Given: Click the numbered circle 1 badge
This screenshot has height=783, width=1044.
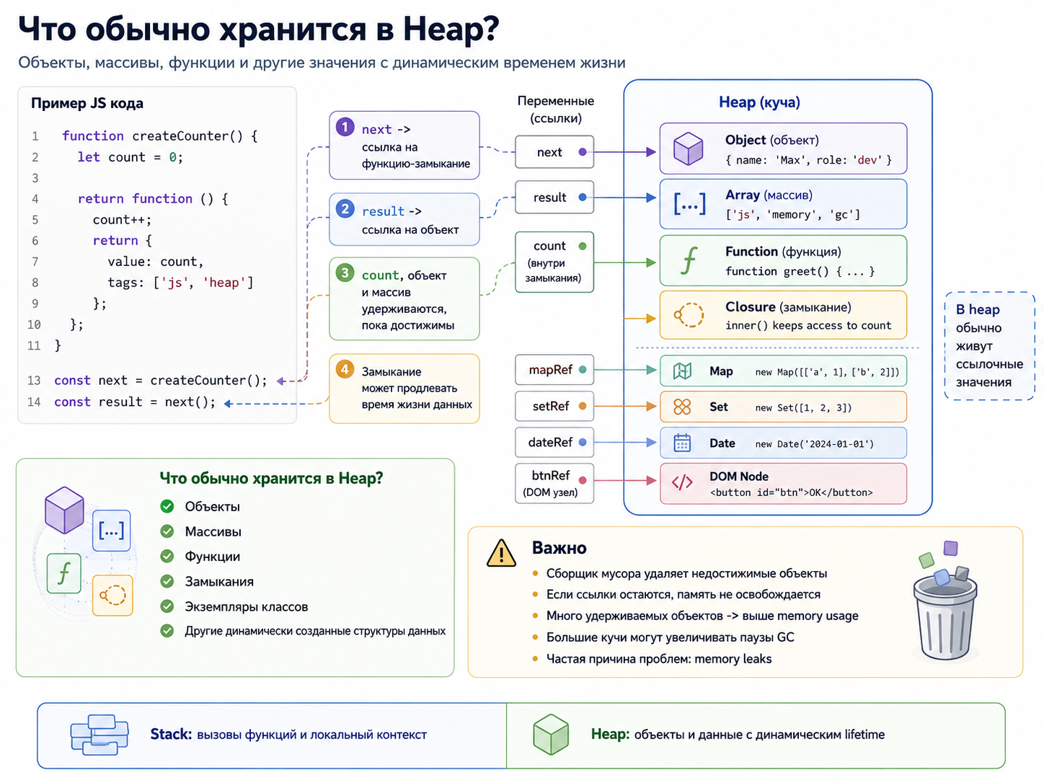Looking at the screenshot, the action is tap(345, 127).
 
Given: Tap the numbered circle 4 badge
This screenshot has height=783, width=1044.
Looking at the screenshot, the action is tap(345, 369).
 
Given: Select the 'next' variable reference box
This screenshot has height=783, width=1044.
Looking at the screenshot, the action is tap(554, 151).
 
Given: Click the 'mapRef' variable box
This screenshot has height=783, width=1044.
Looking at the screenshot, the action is tap(554, 369).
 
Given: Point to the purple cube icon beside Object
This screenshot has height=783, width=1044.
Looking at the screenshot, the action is tap(688, 149).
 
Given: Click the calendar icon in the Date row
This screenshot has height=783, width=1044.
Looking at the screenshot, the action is tap(682, 443).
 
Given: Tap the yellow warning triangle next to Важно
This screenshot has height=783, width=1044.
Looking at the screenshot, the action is tap(501, 554).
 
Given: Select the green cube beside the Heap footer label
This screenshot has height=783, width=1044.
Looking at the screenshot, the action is tap(550, 734).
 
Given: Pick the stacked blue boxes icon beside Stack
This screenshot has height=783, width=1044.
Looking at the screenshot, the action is tap(99, 735).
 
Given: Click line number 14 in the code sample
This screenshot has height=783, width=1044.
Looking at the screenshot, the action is tap(34, 402).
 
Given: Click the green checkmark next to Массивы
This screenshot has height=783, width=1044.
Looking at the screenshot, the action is tap(167, 531).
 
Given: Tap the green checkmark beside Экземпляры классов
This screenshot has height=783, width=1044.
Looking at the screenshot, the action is tap(167, 606).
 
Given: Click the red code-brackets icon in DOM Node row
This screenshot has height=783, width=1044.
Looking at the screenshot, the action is tap(682, 482).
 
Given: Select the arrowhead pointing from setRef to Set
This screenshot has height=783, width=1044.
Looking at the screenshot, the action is tap(651, 406).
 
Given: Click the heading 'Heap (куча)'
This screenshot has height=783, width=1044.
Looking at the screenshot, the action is tap(759, 102).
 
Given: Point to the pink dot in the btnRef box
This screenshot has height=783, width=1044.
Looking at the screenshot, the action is tap(583, 480).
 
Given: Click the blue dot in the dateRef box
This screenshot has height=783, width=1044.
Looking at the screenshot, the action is tap(583, 442).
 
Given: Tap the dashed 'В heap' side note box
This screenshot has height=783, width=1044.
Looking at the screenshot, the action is tap(989, 345).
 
